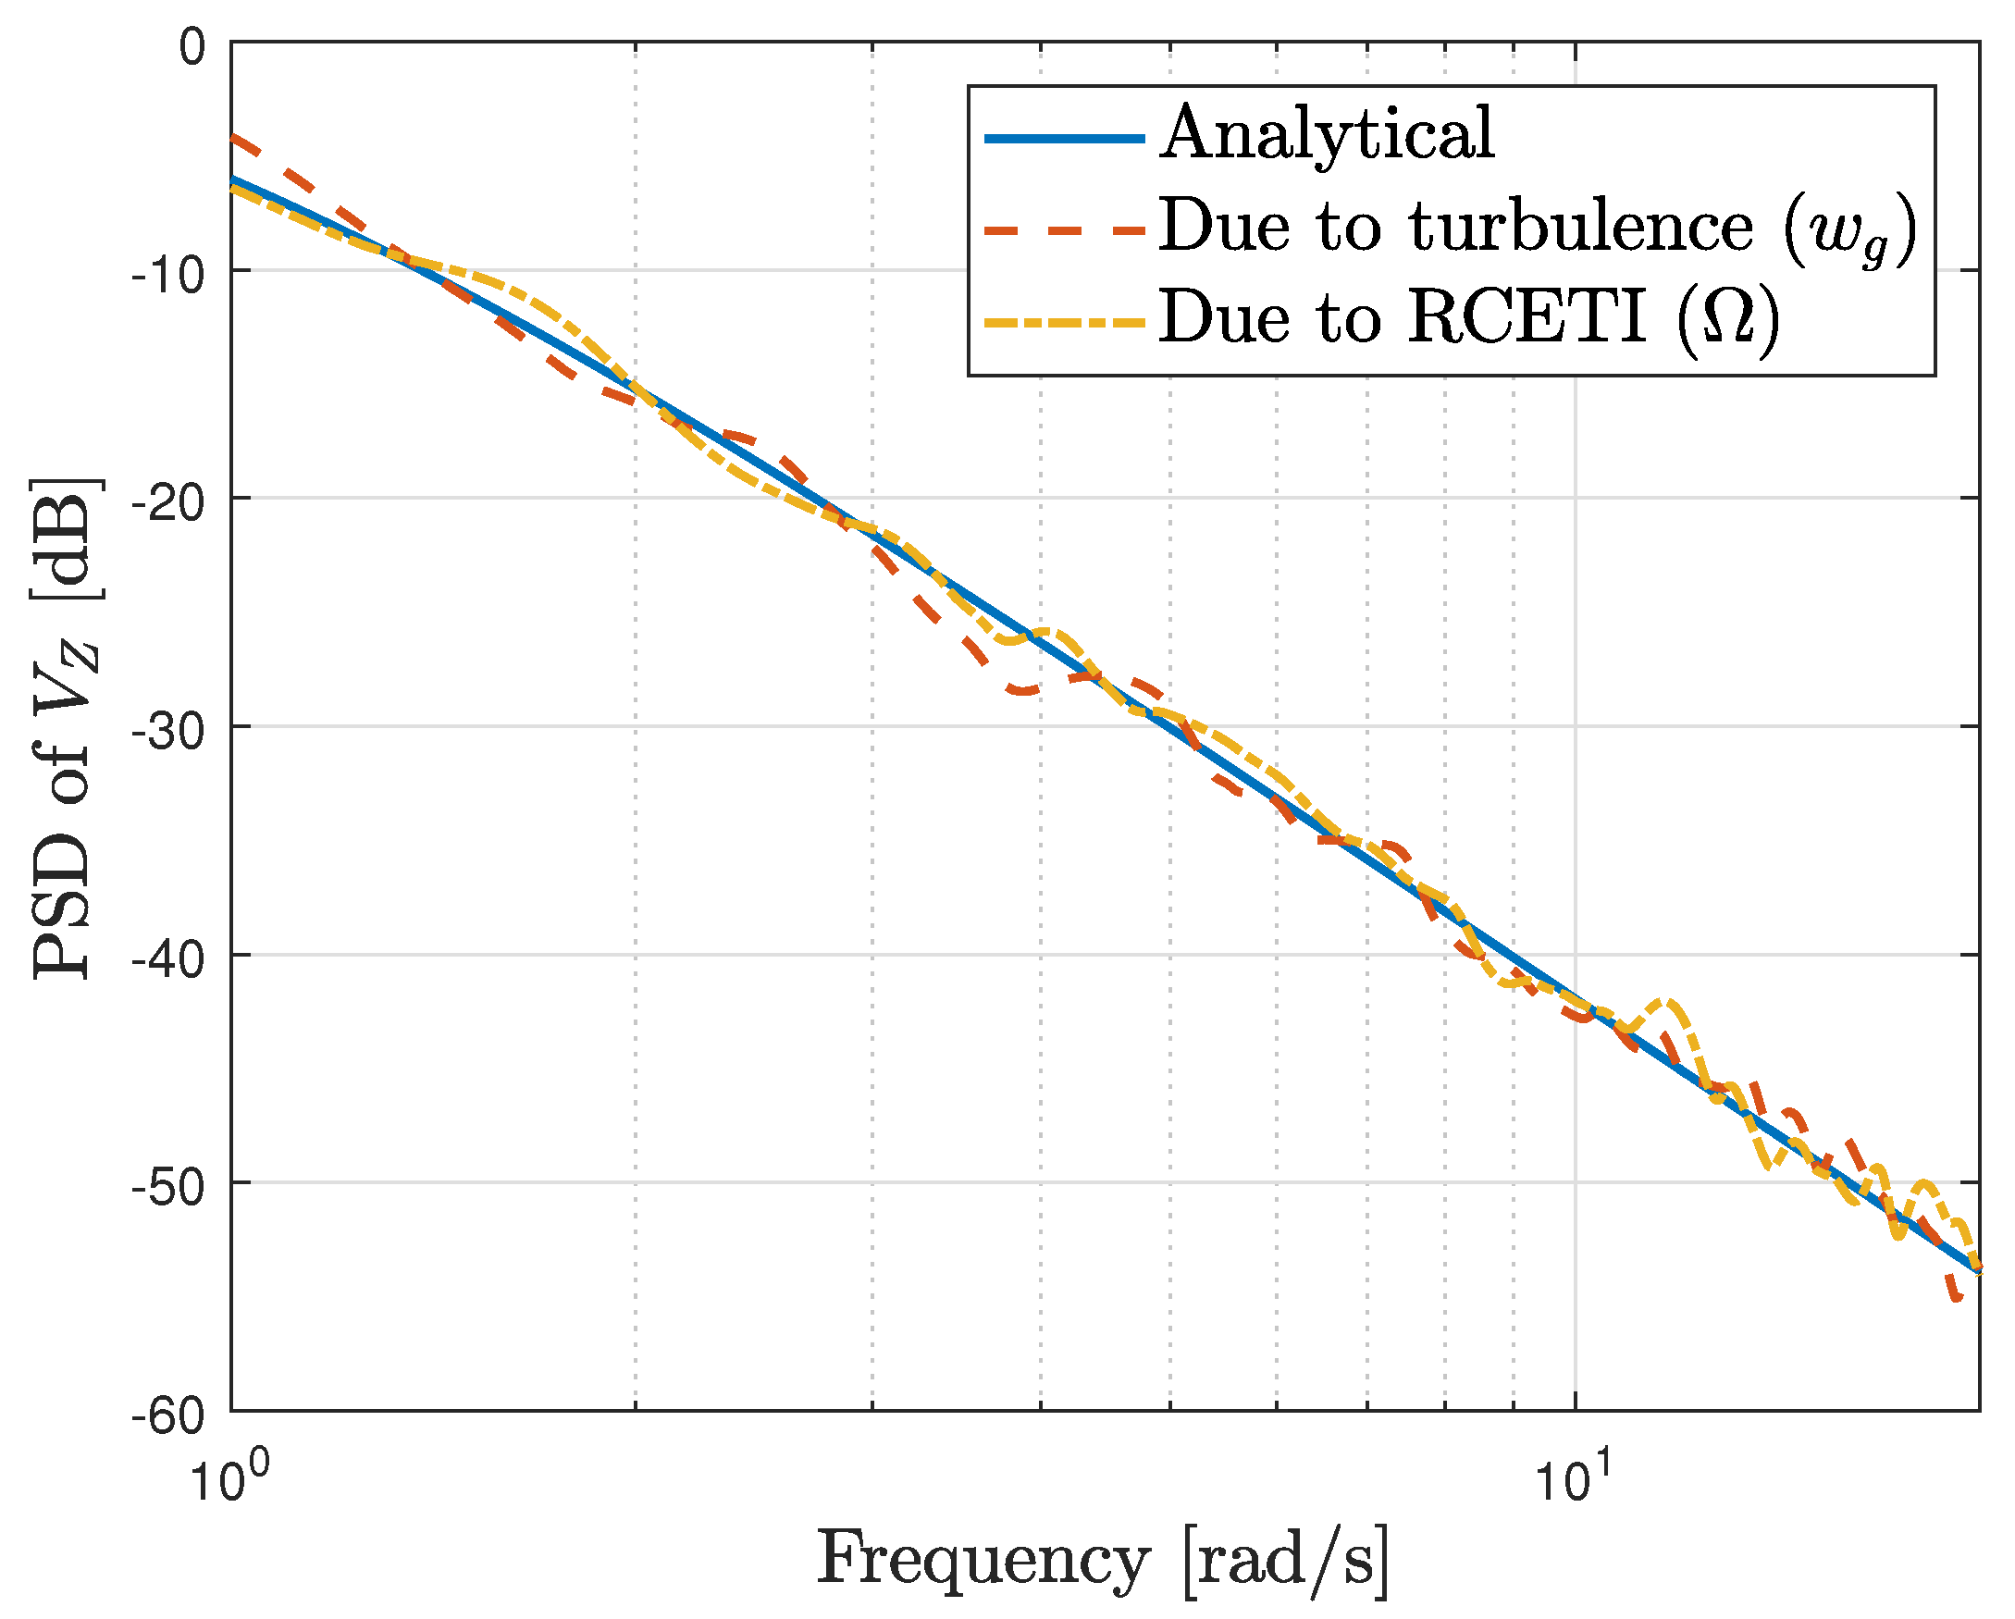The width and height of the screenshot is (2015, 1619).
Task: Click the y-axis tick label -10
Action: tap(169, 276)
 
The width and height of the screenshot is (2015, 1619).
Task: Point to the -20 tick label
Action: tap(169, 505)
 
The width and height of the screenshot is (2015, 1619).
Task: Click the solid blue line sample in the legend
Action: tap(1066, 139)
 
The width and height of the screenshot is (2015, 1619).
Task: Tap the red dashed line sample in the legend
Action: tap(1066, 230)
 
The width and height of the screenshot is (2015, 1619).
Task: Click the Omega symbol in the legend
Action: tap(1728, 318)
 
